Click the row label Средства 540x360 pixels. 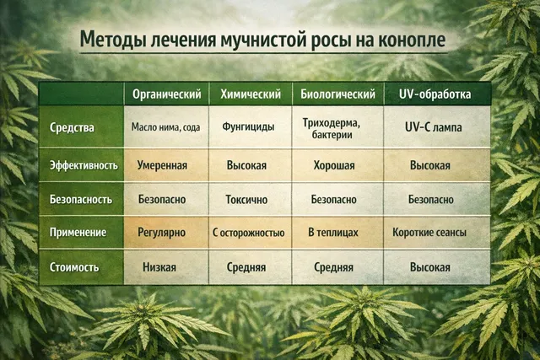tap(73, 128)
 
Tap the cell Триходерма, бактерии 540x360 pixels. tap(332, 128)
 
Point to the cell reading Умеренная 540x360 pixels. tap(163, 165)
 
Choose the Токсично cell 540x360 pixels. tap(246, 200)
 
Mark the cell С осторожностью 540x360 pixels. tap(248, 232)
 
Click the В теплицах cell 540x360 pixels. tap(332, 232)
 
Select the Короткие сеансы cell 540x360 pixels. tap(430, 232)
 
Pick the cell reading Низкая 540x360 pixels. tap(159, 267)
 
